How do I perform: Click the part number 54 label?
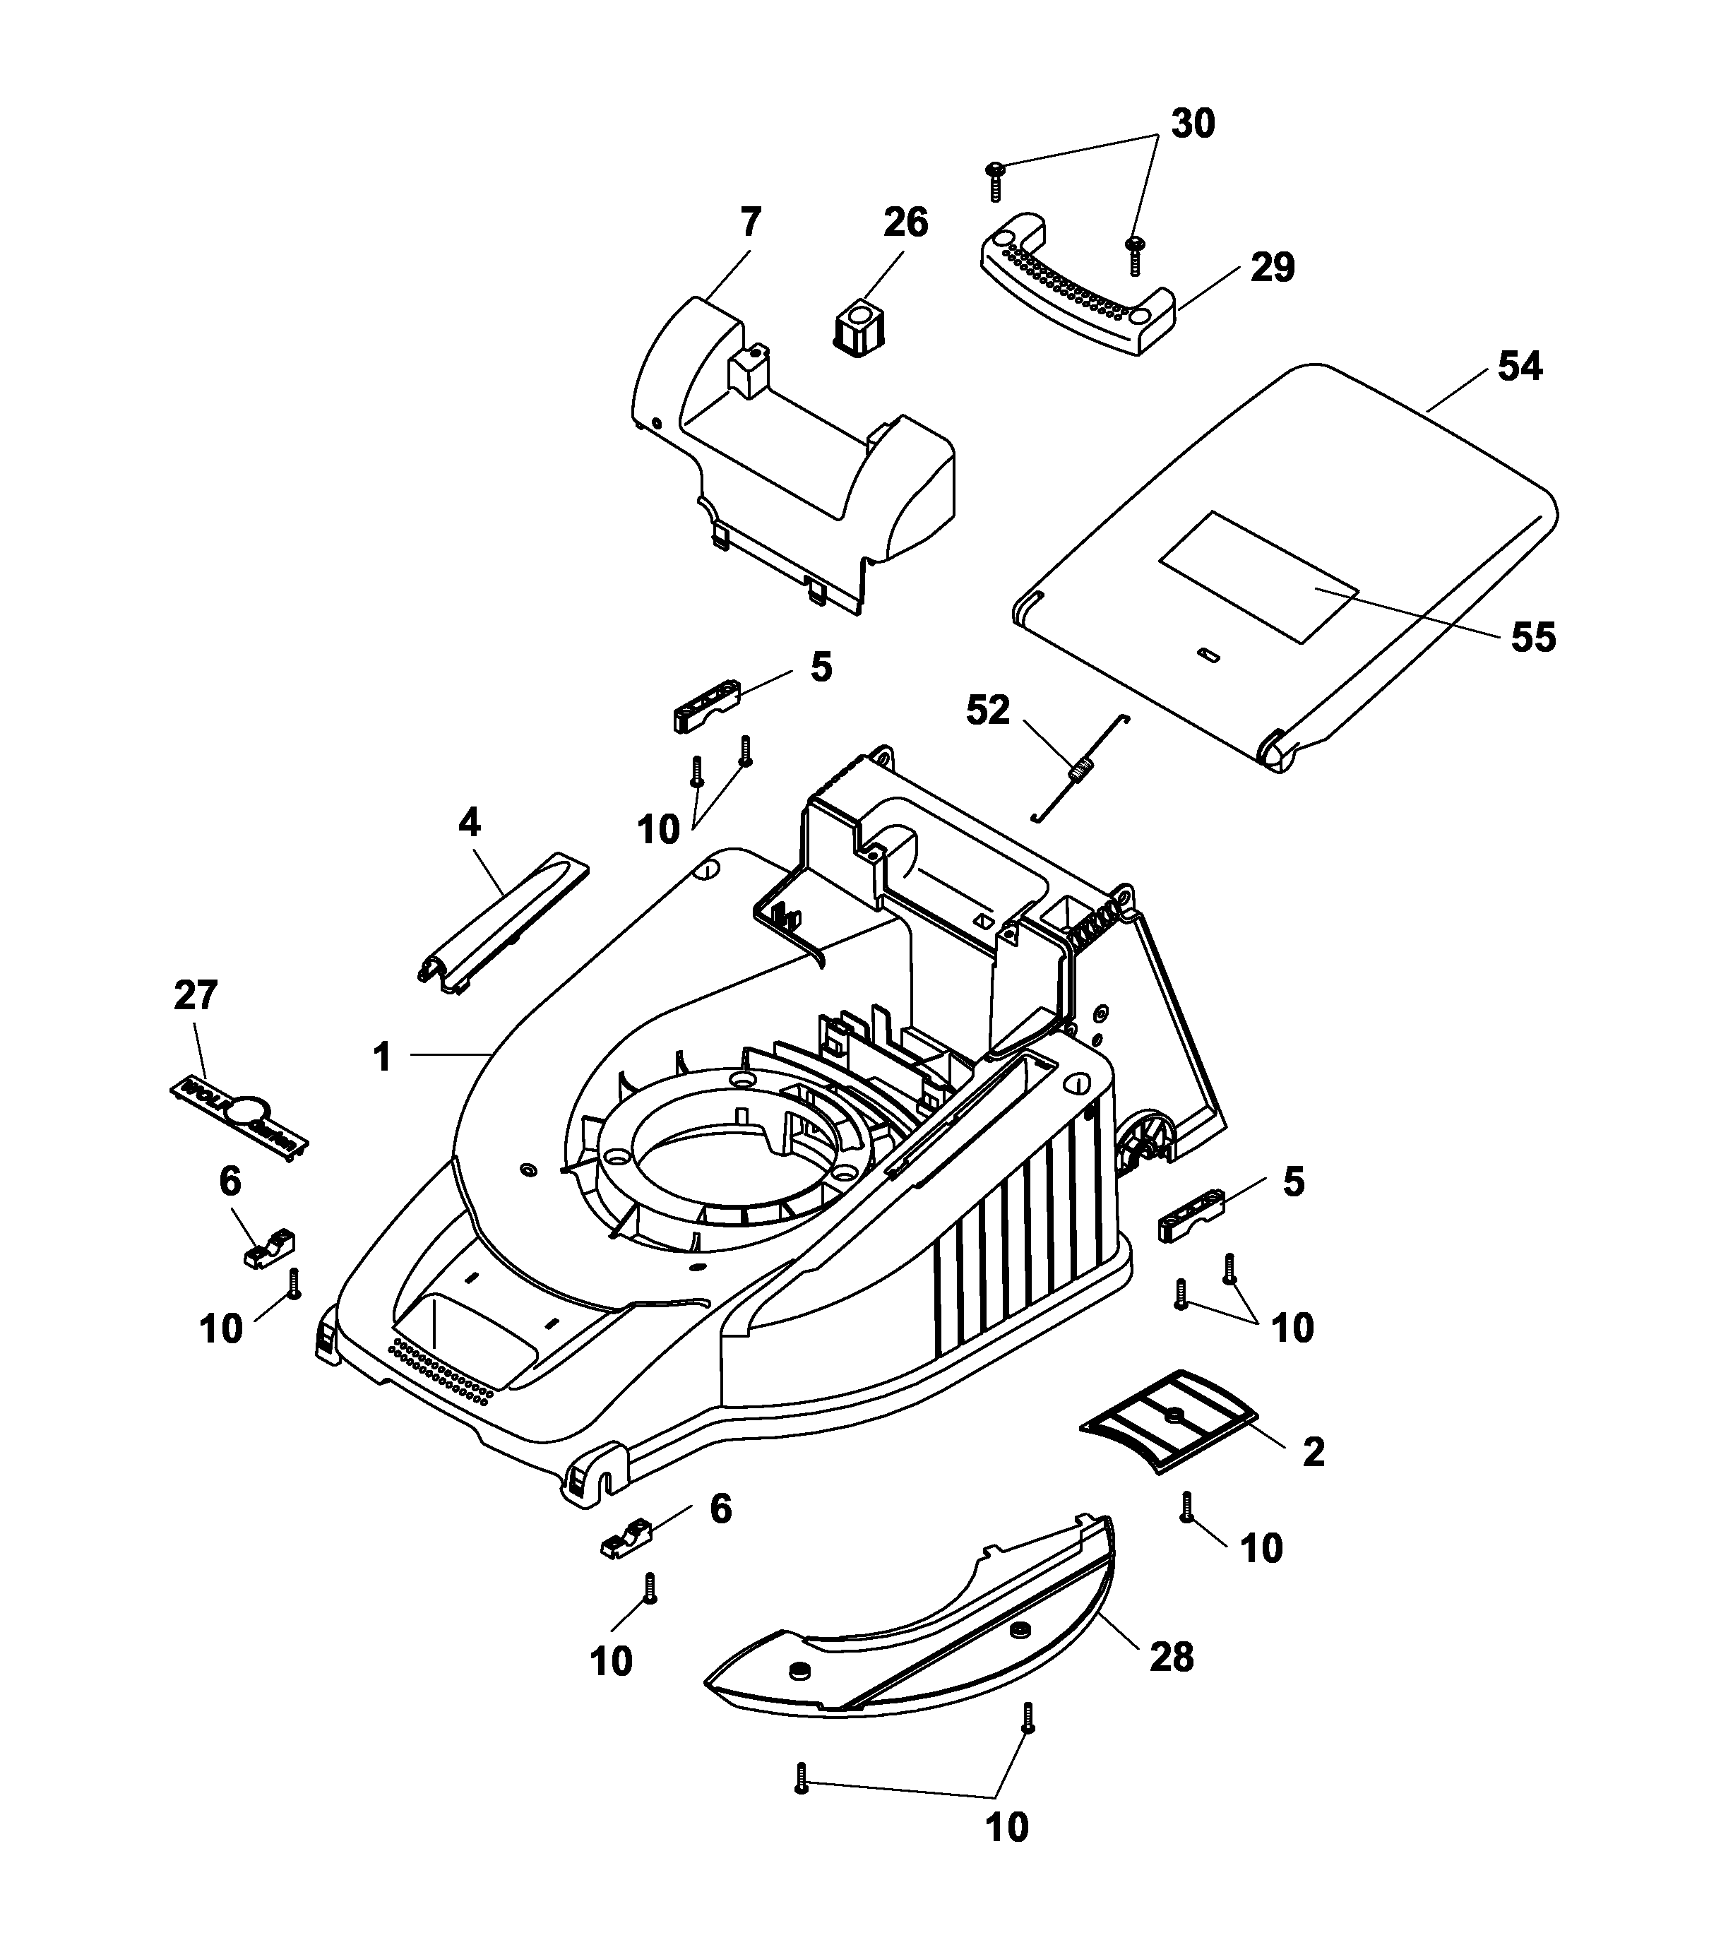click(x=1519, y=366)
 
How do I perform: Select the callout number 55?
click(x=1532, y=637)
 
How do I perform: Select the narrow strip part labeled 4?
click(x=504, y=927)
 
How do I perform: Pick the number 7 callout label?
click(x=751, y=222)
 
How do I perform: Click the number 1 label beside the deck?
click(x=382, y=1057)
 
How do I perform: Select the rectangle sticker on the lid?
click(x=1258, y=575)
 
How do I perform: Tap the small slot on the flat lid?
click(x=1209, y=654)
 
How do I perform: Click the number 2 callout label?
click(x=1313, y=1453)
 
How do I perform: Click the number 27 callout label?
click(x=196, y=995)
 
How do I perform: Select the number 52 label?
click(x=987, y=710)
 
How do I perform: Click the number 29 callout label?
click(x=1272, y=268)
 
